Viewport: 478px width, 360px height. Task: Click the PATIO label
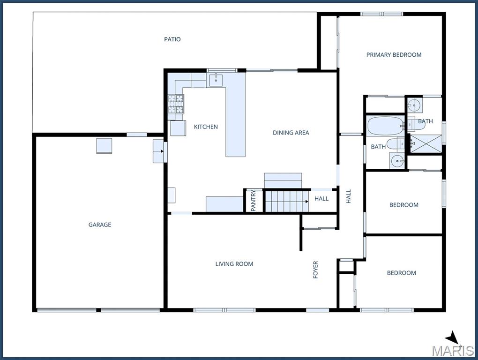click(x=172, y=39)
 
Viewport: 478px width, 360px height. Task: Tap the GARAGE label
click(x=100, y=225)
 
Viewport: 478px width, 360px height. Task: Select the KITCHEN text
click(x=206, y=127)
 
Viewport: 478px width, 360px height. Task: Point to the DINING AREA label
click(x=291, y=133)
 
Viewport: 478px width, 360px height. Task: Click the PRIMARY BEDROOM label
click(x=394, y=55)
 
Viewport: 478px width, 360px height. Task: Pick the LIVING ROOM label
click(x=234, y=264)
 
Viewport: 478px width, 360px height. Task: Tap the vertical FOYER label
click(x=315, y=270)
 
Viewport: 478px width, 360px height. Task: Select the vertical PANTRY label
click(x=254, y=201)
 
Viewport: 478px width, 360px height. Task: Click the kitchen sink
click(x=216, y=80)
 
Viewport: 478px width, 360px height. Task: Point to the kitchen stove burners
click(x=176, y=104)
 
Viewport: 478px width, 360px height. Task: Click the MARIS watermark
click(x=453, y=351)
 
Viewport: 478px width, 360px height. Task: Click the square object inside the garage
click(x=104, y=146)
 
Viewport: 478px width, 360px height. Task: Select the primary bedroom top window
click(x=381, y=14)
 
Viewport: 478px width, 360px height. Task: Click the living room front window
click(x=224, y=310)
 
